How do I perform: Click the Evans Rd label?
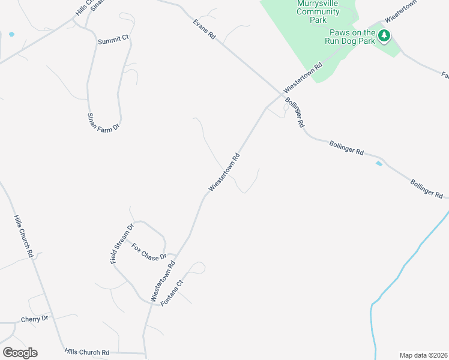coord(204,29)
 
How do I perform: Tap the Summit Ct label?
coord(114,38)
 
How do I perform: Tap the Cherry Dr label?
coord(34,319)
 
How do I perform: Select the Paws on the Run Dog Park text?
coord(352,37)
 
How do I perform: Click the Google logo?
coord(19,353)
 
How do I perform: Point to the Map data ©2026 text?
coord(423,355)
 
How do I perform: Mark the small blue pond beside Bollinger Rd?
coord(378,163)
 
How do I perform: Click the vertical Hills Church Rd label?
coord(23,237)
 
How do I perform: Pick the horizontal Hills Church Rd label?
coord(87,352)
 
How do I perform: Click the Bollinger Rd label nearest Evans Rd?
coord(295,112)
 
